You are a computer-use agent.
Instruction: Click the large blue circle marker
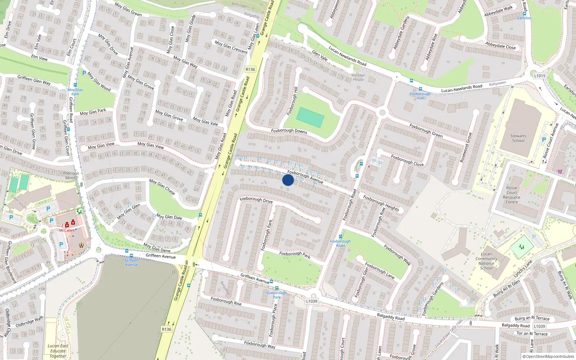click(288, 180)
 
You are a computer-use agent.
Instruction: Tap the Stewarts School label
click(518, 138)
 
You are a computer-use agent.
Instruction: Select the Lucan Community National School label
click(486, 261)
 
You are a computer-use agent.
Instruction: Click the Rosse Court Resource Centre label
click(512, 195)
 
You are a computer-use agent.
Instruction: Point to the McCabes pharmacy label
click(67, 230)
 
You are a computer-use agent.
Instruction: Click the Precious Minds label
click(71, 175)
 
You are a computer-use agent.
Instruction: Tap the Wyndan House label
click(358, 77)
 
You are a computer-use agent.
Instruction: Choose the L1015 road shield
click(540, 76)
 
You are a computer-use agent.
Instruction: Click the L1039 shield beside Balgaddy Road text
click(539, 326)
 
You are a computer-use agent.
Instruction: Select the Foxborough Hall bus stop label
click(420, 96)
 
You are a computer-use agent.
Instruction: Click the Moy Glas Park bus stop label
click(75, 92)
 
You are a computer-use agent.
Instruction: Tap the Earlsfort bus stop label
click(524, 18)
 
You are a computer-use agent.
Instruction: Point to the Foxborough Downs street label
click(289, 131)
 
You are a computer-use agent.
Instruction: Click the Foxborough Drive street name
click(256, 199)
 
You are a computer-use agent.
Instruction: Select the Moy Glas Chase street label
click(162, 187)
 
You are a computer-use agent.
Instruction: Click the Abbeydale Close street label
click(500, 46)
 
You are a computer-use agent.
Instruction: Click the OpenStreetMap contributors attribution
click(548, 356)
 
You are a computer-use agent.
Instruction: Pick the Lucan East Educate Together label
click(58, 351)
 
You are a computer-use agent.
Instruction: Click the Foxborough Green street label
click(426, 130)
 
